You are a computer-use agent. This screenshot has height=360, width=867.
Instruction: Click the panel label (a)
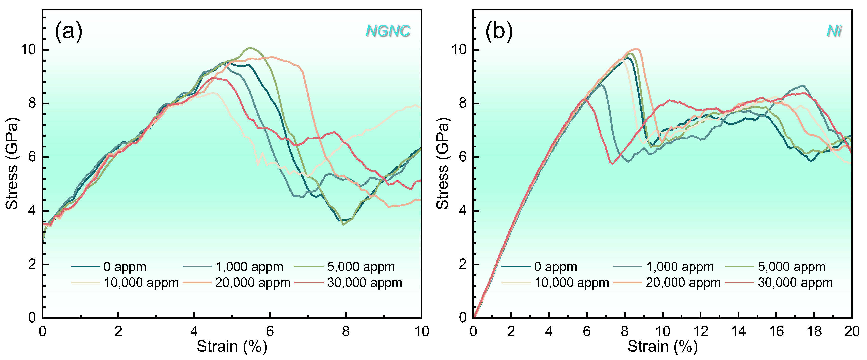69,31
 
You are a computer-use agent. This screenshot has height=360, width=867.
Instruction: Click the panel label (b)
499,31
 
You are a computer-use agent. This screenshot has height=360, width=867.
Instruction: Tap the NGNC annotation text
388,31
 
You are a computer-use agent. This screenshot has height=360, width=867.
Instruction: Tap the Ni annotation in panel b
834,31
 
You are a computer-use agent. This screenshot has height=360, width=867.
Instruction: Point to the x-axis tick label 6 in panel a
270,331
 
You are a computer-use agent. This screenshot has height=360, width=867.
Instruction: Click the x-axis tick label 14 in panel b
738,331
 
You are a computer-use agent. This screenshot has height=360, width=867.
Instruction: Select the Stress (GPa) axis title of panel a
12,164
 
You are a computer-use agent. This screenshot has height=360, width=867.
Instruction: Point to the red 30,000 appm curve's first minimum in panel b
612,164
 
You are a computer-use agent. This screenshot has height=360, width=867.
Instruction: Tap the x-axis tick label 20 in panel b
852,331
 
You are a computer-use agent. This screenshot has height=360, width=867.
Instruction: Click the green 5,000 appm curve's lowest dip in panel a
343,224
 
